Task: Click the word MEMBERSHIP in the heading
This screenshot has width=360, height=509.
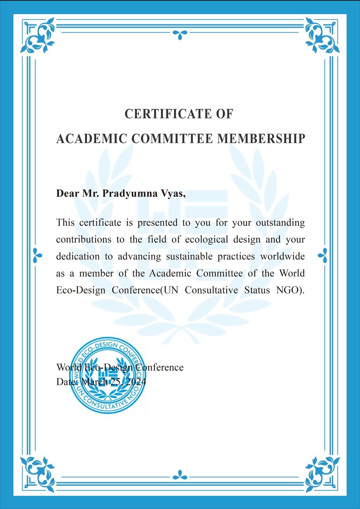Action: (261, 139)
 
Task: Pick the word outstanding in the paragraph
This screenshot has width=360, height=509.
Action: (280, 222)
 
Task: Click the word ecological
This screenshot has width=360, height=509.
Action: (206, 239)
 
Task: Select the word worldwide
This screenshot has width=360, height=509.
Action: (282, 256)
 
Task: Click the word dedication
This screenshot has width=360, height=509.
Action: (78, 256)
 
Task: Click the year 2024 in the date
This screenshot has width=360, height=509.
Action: (136, 382)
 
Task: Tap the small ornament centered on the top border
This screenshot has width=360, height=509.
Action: (180, 34)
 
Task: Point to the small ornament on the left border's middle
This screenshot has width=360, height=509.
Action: (37, 255)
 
